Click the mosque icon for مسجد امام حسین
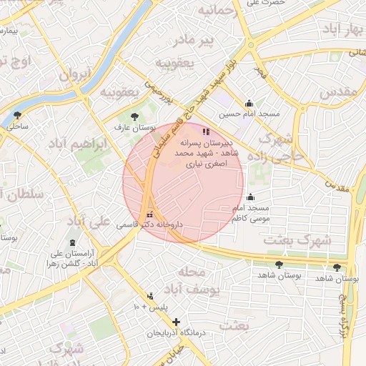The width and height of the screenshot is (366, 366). [x=249, y=103]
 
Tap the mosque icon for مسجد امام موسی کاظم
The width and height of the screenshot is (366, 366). [x=249, y=197]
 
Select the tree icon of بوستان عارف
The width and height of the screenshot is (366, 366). [x=134, y=117]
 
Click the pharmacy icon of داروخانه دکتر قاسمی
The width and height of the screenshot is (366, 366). [x=149, y=214]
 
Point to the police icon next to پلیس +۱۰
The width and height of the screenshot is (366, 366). [x=150, y=296]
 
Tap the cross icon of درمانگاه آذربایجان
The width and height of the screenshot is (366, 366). [x=176, y=322]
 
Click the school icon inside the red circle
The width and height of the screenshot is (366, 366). [x=206, y=132]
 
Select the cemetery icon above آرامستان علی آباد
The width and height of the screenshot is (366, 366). [x=72, y=243]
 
